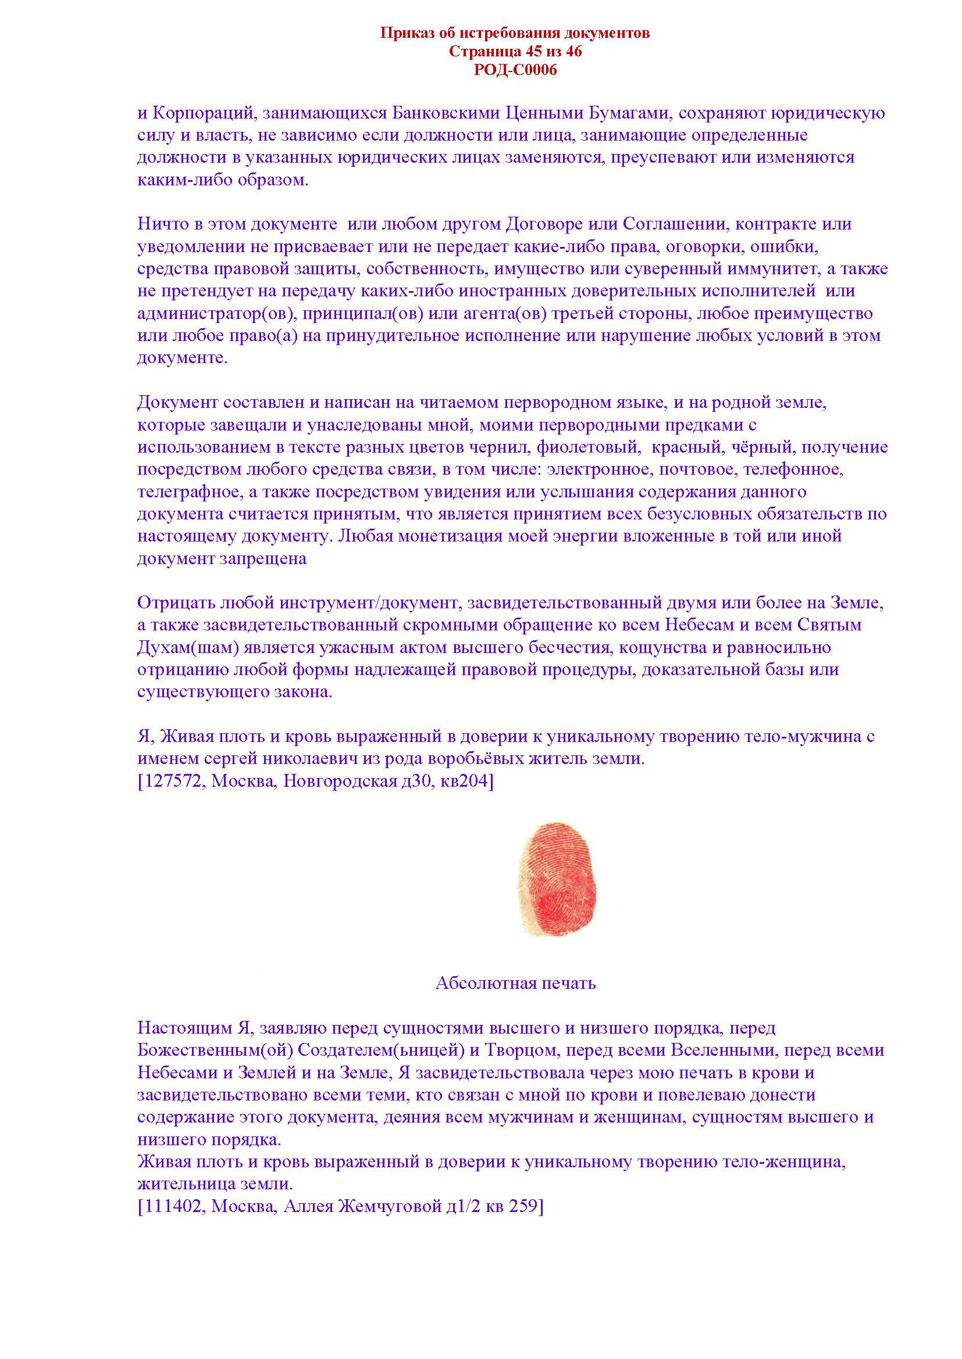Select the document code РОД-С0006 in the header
pos(515,70)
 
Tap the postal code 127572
pos(173,781)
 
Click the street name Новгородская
pos(340,781)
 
